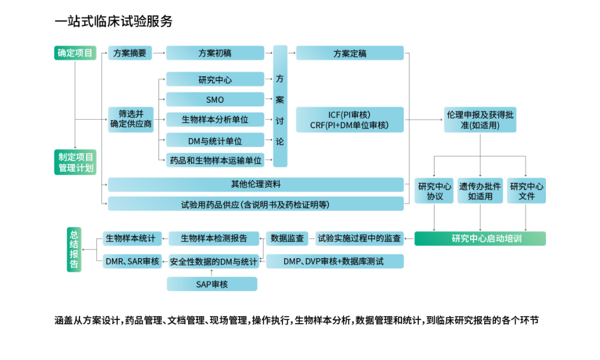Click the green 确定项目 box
(75, 53)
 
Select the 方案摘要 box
(130, 53)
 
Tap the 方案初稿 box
(215, 53)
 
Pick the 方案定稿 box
(350, 53)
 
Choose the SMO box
(215, 100)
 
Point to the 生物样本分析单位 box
(215, 120)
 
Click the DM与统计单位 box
(215, 140)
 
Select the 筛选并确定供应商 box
(130, 119)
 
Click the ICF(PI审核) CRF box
(350, 120)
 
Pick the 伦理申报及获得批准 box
(480, 120)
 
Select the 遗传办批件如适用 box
(480, 191)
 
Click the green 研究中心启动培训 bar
(480, 238)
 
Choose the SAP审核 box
(212, 284)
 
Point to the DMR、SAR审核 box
(133, 261)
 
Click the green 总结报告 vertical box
(74, 249)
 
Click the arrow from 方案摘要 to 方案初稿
(159, 53)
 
